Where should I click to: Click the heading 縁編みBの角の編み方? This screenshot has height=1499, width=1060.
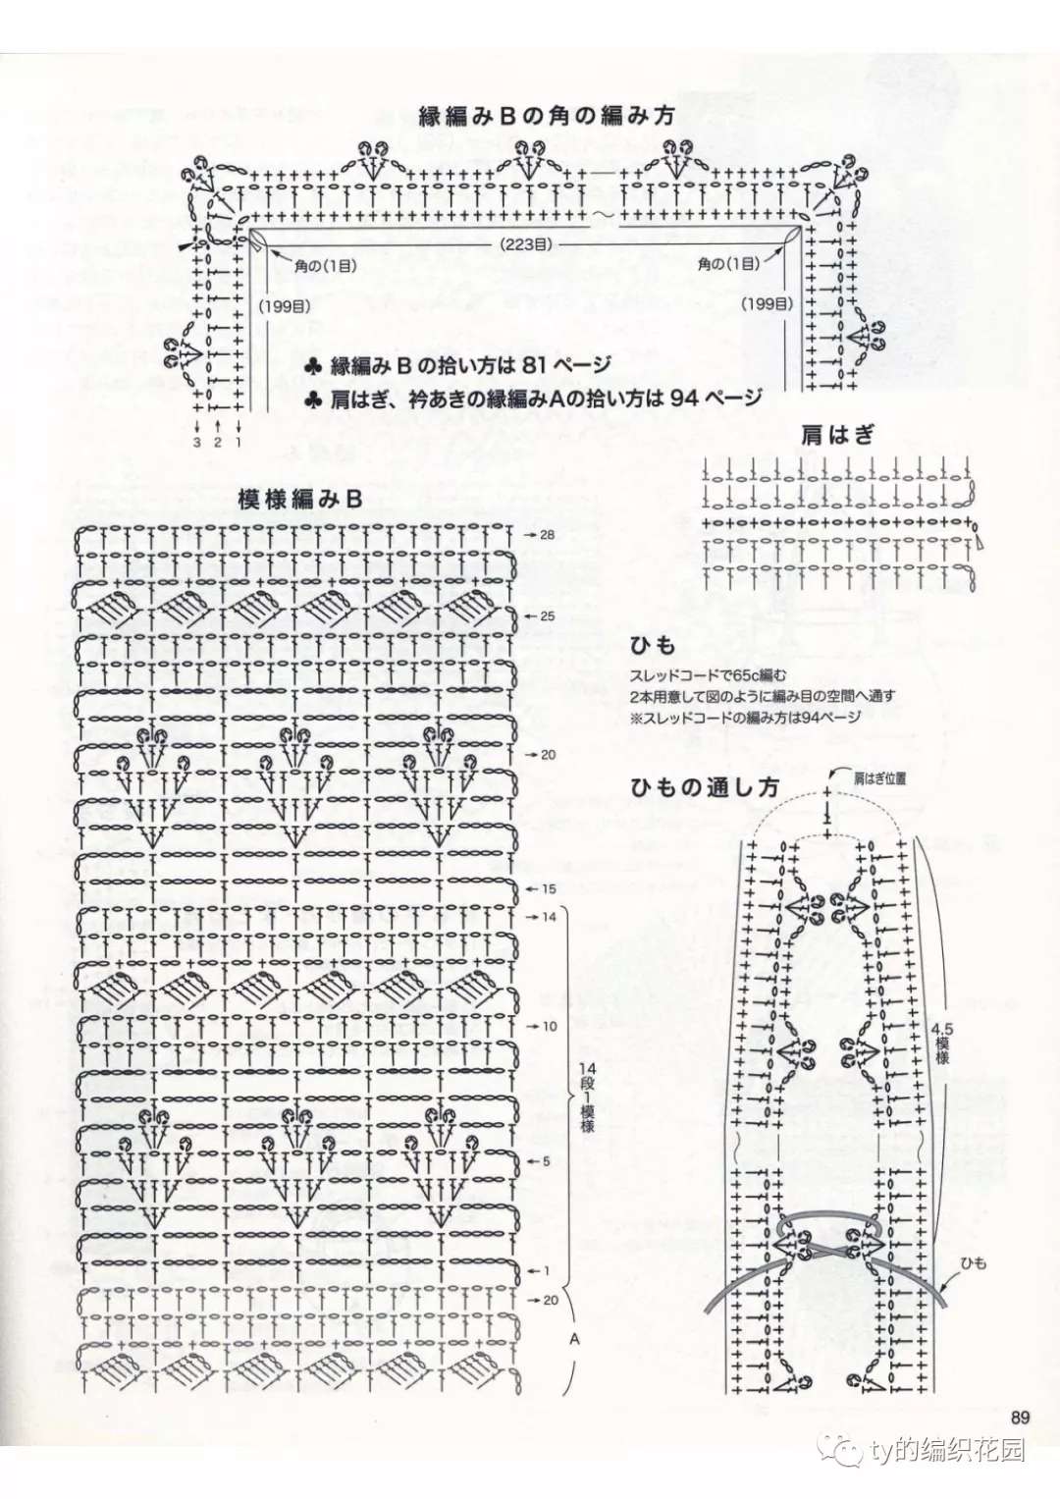point(546,117)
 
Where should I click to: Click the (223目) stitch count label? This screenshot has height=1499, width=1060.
point(526,245)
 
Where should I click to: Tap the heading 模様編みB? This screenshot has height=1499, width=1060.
point(300,500)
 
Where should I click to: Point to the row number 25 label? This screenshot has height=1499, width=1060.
point(548,616)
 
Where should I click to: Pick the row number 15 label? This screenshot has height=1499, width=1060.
point(549,889)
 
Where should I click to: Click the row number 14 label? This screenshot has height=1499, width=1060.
point(549,917)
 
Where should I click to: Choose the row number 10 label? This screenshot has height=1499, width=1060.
point(549,1027)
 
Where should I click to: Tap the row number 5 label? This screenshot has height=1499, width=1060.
point(546,1161)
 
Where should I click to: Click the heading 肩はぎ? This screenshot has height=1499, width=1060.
point(838,436)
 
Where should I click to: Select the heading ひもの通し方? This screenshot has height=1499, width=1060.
point(705,787)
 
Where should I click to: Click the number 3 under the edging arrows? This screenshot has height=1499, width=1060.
point(196,443)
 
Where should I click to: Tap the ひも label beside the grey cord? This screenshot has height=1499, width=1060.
point(974,1262)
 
